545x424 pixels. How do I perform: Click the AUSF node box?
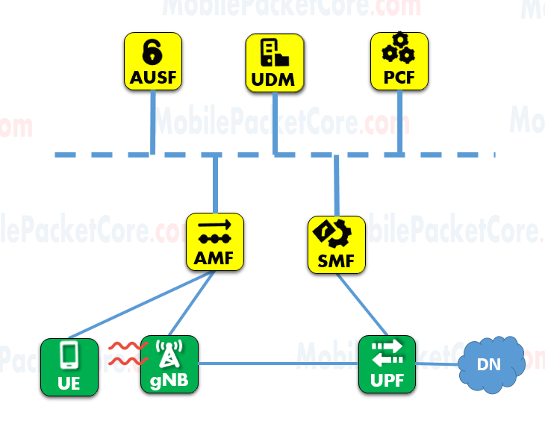pos(153,62)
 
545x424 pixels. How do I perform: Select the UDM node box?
pos(275,62)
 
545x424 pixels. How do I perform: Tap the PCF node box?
pos(399,62)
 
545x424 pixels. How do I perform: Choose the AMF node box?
pos(214,243)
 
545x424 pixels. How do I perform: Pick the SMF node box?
pos(337,244)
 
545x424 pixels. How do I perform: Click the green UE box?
pos(69,367)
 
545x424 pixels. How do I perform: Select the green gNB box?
pos(169,365)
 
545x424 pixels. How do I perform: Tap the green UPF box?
pos(386,365)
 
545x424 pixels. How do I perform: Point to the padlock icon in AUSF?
pos(153,52)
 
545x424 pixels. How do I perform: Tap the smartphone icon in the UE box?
pos(69,356)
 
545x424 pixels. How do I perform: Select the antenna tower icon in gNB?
pos(169,355)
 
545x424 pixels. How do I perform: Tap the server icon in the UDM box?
pos(274,52)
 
